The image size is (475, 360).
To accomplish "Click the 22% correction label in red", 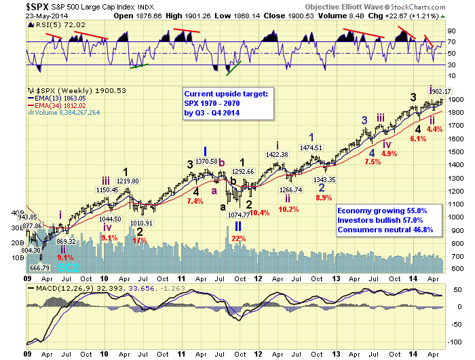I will point(238,238).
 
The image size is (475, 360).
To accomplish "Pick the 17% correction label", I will point(140,240).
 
